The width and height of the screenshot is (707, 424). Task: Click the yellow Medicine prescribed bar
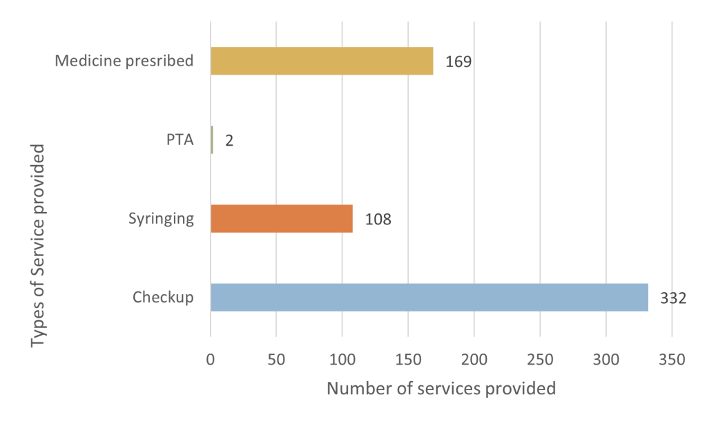[322, 61]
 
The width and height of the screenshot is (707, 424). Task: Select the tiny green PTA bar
[212, 139]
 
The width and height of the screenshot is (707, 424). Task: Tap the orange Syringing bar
[282, 218]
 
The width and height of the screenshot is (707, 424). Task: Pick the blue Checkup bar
[429, 297]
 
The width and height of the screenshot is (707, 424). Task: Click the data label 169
[458, 61]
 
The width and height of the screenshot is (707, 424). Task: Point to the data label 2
[229, 140]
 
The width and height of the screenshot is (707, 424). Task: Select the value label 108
[378, 219]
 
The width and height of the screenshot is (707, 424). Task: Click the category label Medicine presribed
[124, 61]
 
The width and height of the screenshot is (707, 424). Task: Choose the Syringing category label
[161, 219]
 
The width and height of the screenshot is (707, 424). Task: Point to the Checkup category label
[163, 298]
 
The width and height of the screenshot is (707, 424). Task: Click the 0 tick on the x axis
[211, 359]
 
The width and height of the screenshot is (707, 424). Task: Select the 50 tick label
[276, 359]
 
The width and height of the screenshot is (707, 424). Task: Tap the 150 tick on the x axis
[408, 359]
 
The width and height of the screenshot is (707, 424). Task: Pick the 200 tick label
[474, 359]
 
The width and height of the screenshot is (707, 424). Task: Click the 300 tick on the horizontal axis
[606, 359]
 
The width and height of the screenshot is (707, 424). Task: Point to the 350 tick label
[671, 359]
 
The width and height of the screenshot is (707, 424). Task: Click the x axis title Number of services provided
[441, 388]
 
